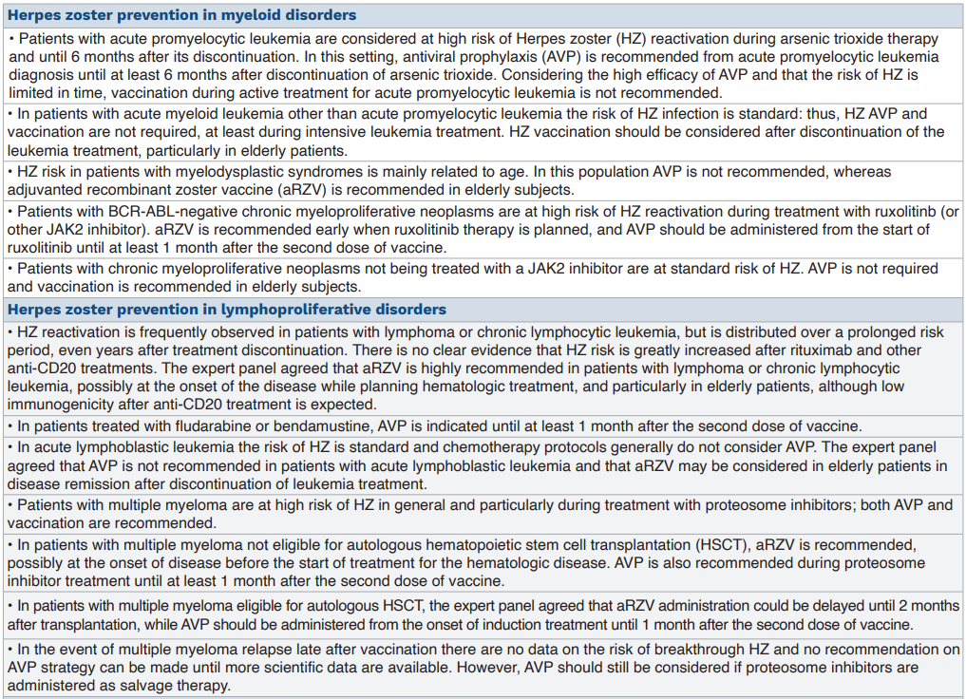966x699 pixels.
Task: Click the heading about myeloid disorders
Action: pos(182,15)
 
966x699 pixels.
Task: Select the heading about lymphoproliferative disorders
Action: pos(227,310)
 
